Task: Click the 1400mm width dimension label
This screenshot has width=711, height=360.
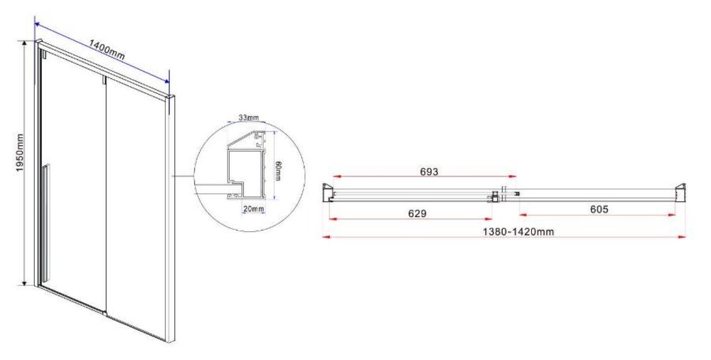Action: [x=107, y=51]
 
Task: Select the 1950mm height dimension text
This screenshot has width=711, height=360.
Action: [x=20, y=153]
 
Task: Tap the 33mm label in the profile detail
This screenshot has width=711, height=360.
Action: [x=248, y=118]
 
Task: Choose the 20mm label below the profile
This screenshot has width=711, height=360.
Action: [x=252, y=209]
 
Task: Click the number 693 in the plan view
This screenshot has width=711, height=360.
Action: [x=429, y=171]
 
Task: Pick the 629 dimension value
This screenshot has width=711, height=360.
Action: [x=417, y=213]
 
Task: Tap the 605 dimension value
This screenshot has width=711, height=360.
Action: [x=599, y=209]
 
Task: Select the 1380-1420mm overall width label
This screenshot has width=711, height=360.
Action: [x=518, y=231]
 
